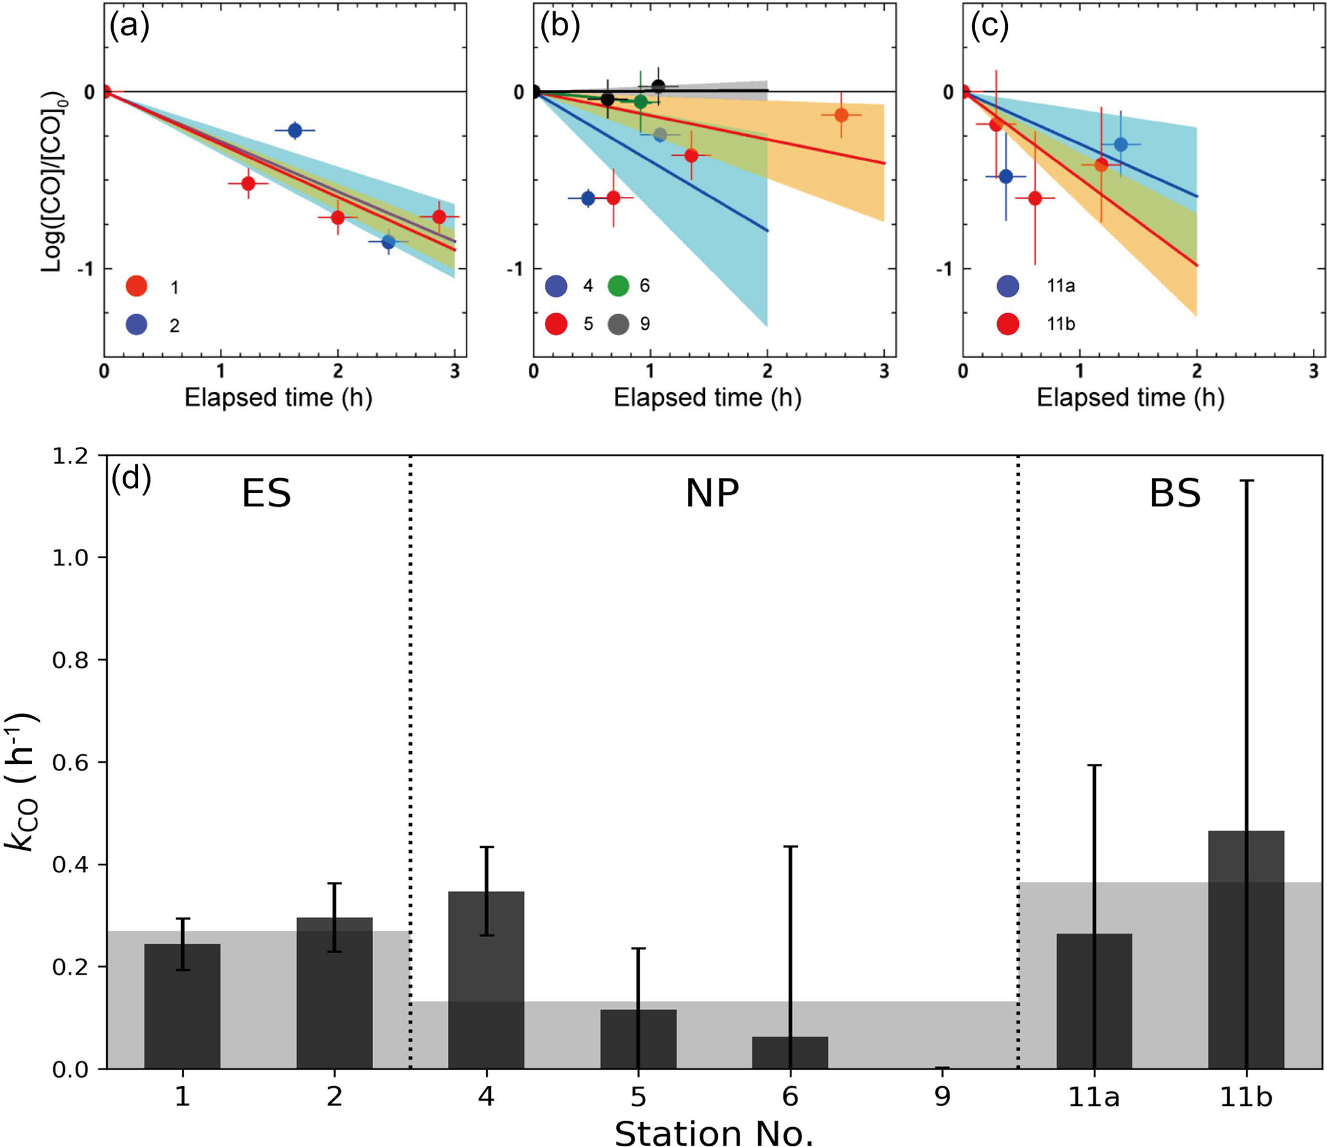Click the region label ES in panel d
pos(266,494)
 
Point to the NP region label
pos(712,494)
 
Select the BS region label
pos(1175,494)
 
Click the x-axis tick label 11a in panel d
pos(1094,1097)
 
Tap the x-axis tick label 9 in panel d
pos(942,1097)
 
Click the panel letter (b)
pos(560,27)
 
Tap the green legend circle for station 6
pos(618,286)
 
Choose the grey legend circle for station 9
pos(618,324)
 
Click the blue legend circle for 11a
pos(1008,286)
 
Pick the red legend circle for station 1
pos(137,286)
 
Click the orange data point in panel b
pos(841,115)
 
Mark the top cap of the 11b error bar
pos(1245,481)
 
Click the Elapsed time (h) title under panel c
pos(1131,398)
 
